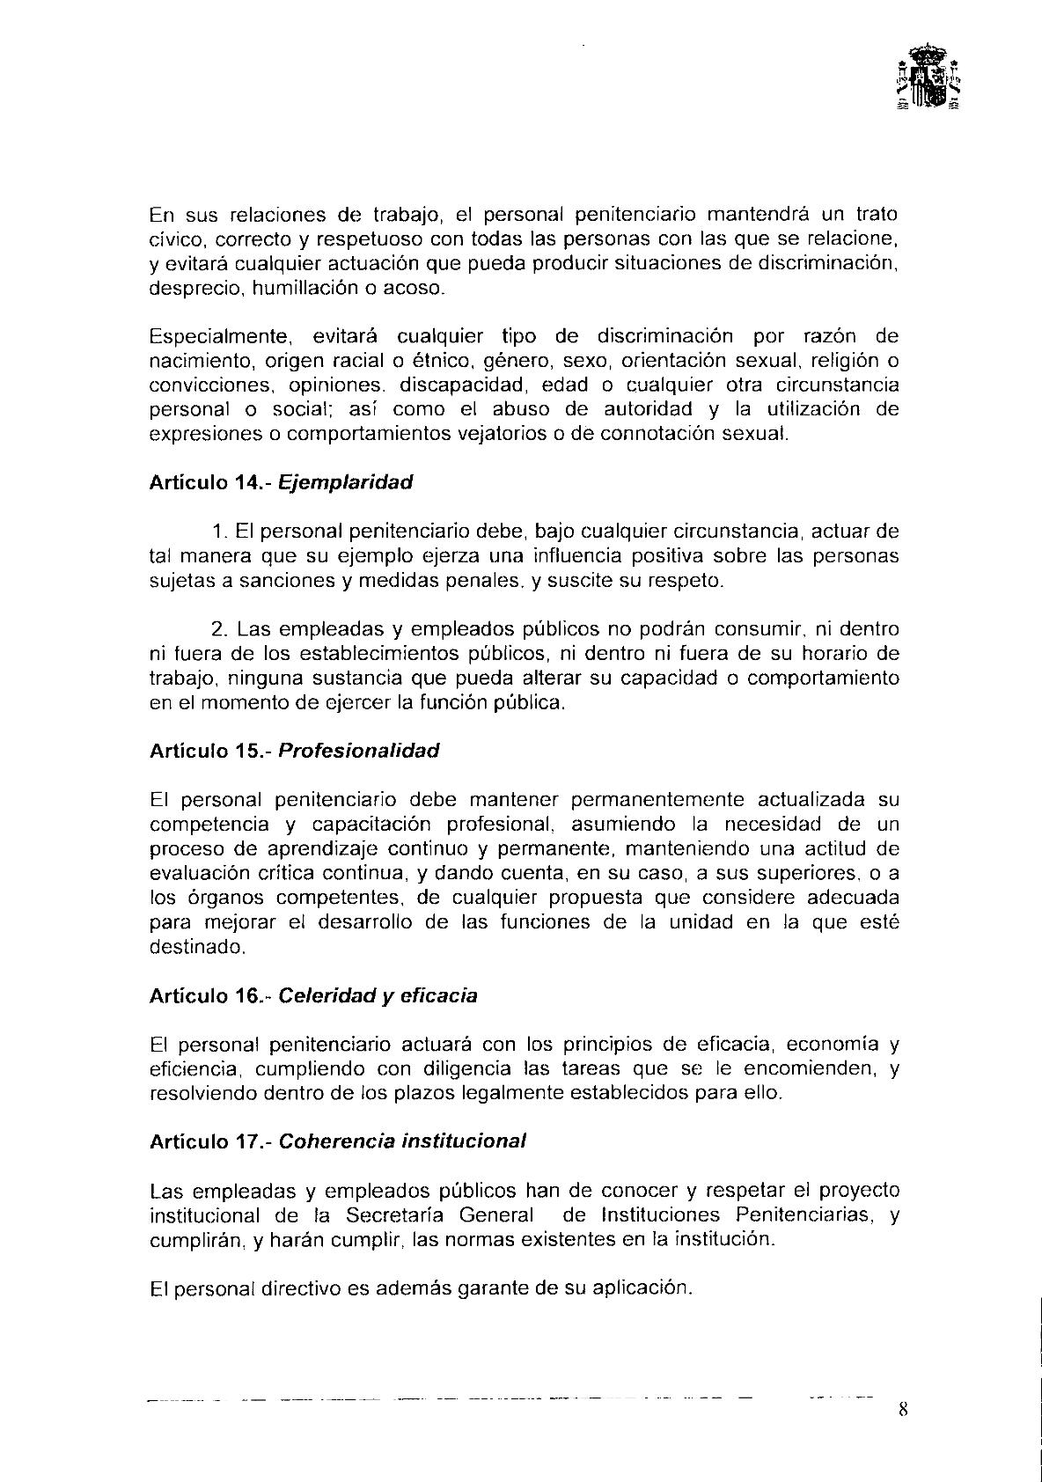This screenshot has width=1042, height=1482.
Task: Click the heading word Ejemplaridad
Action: coord(346,482)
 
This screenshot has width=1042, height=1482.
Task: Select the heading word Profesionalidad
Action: coord(359,751)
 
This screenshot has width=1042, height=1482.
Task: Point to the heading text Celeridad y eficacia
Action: coord(378,995)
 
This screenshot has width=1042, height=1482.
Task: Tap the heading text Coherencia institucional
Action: coord(402,1141)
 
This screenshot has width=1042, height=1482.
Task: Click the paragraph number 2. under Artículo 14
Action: coord(220,629)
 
